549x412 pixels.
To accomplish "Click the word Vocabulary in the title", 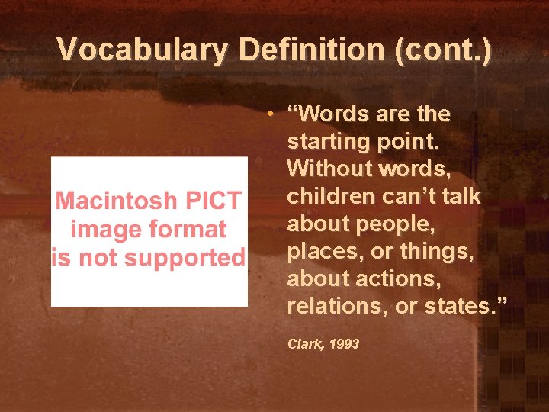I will point(142,50).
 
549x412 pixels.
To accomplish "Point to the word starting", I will point(328,142).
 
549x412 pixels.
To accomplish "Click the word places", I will point(320,251).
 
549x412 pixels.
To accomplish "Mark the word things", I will point(438,251).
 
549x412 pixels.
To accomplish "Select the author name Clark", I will point(303,345).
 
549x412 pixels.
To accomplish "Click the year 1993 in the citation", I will point(345,345).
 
